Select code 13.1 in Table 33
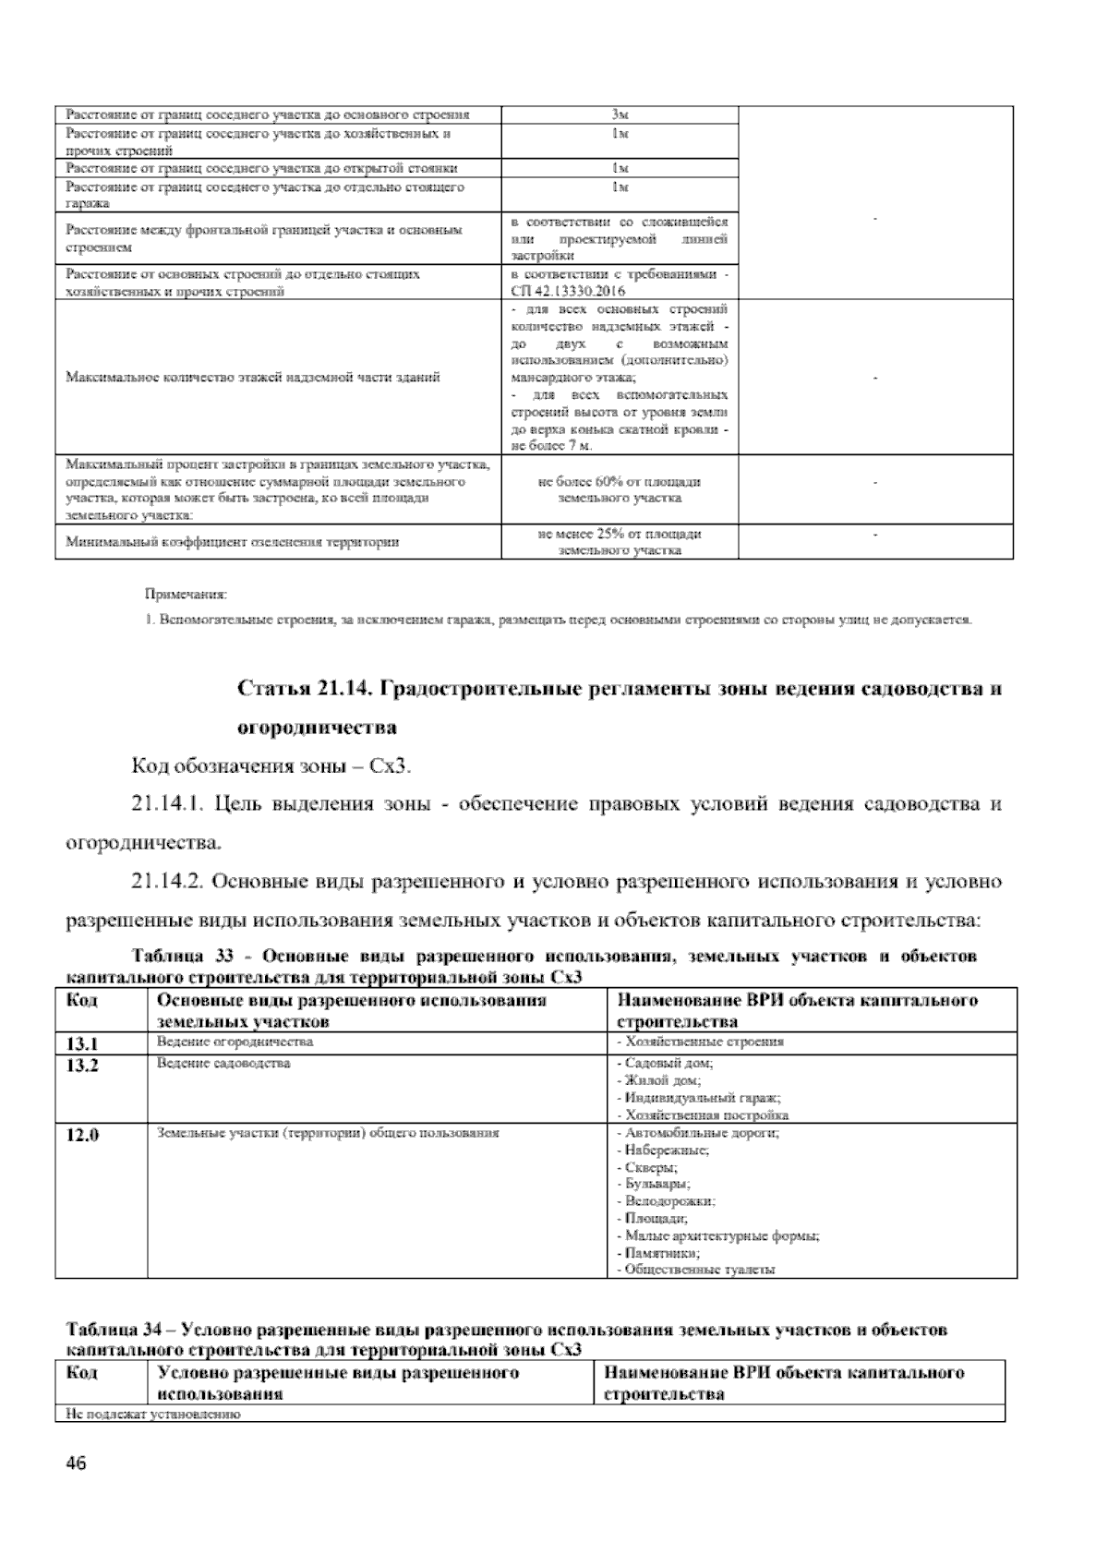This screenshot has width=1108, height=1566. click(x=83, y=1043)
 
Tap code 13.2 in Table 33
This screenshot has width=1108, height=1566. click(x=83, y=1065)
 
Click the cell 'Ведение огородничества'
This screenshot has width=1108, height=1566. click(x=235, y=1042)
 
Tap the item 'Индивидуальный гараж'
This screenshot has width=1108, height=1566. click(x=699, y=1098)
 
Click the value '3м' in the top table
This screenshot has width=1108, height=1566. click(x=620, y=114)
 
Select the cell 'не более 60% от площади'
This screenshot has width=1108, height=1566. click(x=620, y=481)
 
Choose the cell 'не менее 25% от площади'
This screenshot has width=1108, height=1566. click(x=620, y=534)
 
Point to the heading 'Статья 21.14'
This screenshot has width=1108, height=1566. click(x=307, y=689)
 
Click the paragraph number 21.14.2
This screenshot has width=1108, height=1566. click(x=168, y=881)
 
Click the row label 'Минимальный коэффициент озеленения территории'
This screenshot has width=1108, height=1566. click(x=233, y=542)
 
